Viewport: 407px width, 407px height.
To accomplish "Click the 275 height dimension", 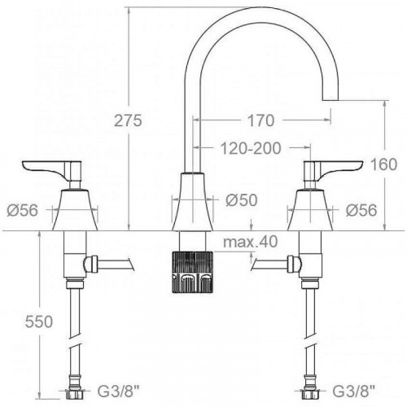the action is pos(128,120).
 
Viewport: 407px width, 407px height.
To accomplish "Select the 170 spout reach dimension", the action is pos(260,120).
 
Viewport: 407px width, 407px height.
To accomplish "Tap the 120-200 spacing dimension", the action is pos(251,148).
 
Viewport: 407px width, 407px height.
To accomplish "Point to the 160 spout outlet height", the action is pos(383,164).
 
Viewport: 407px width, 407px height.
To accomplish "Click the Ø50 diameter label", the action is pos(242,200).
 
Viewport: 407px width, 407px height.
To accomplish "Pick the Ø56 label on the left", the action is pos(23,210).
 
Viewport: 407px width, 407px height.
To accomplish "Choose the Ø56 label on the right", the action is pos(361,210).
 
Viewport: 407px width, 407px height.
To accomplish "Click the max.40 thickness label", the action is pos(250,242).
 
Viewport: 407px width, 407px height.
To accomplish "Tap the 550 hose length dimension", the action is pos(39,322).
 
